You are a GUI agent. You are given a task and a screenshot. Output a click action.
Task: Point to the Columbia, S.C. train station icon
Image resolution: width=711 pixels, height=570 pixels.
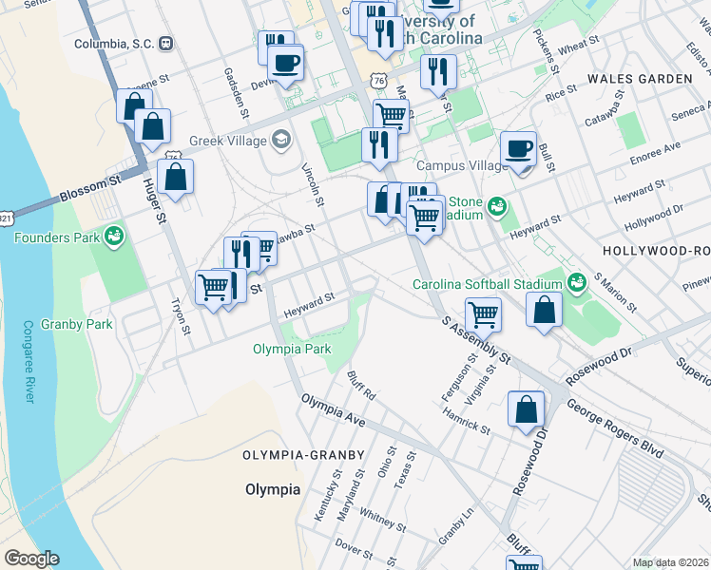click(166, 43)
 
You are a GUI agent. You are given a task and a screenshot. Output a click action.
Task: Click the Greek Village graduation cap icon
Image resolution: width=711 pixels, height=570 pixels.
click(280, 141)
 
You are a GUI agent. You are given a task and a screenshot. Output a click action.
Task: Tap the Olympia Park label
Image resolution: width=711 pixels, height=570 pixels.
click(292, 349)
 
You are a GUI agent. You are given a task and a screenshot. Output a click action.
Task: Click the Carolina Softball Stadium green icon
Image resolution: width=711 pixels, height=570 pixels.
click(576, 283)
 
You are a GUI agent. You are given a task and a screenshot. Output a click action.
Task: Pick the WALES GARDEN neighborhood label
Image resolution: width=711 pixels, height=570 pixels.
click(639, 78)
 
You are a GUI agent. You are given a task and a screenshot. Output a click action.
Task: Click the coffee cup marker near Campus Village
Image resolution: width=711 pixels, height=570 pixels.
click(518, 150)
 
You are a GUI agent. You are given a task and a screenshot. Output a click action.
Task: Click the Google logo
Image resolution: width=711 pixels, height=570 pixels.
click(31, 559)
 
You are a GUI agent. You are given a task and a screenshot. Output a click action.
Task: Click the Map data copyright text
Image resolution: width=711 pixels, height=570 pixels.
click(670, 562)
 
